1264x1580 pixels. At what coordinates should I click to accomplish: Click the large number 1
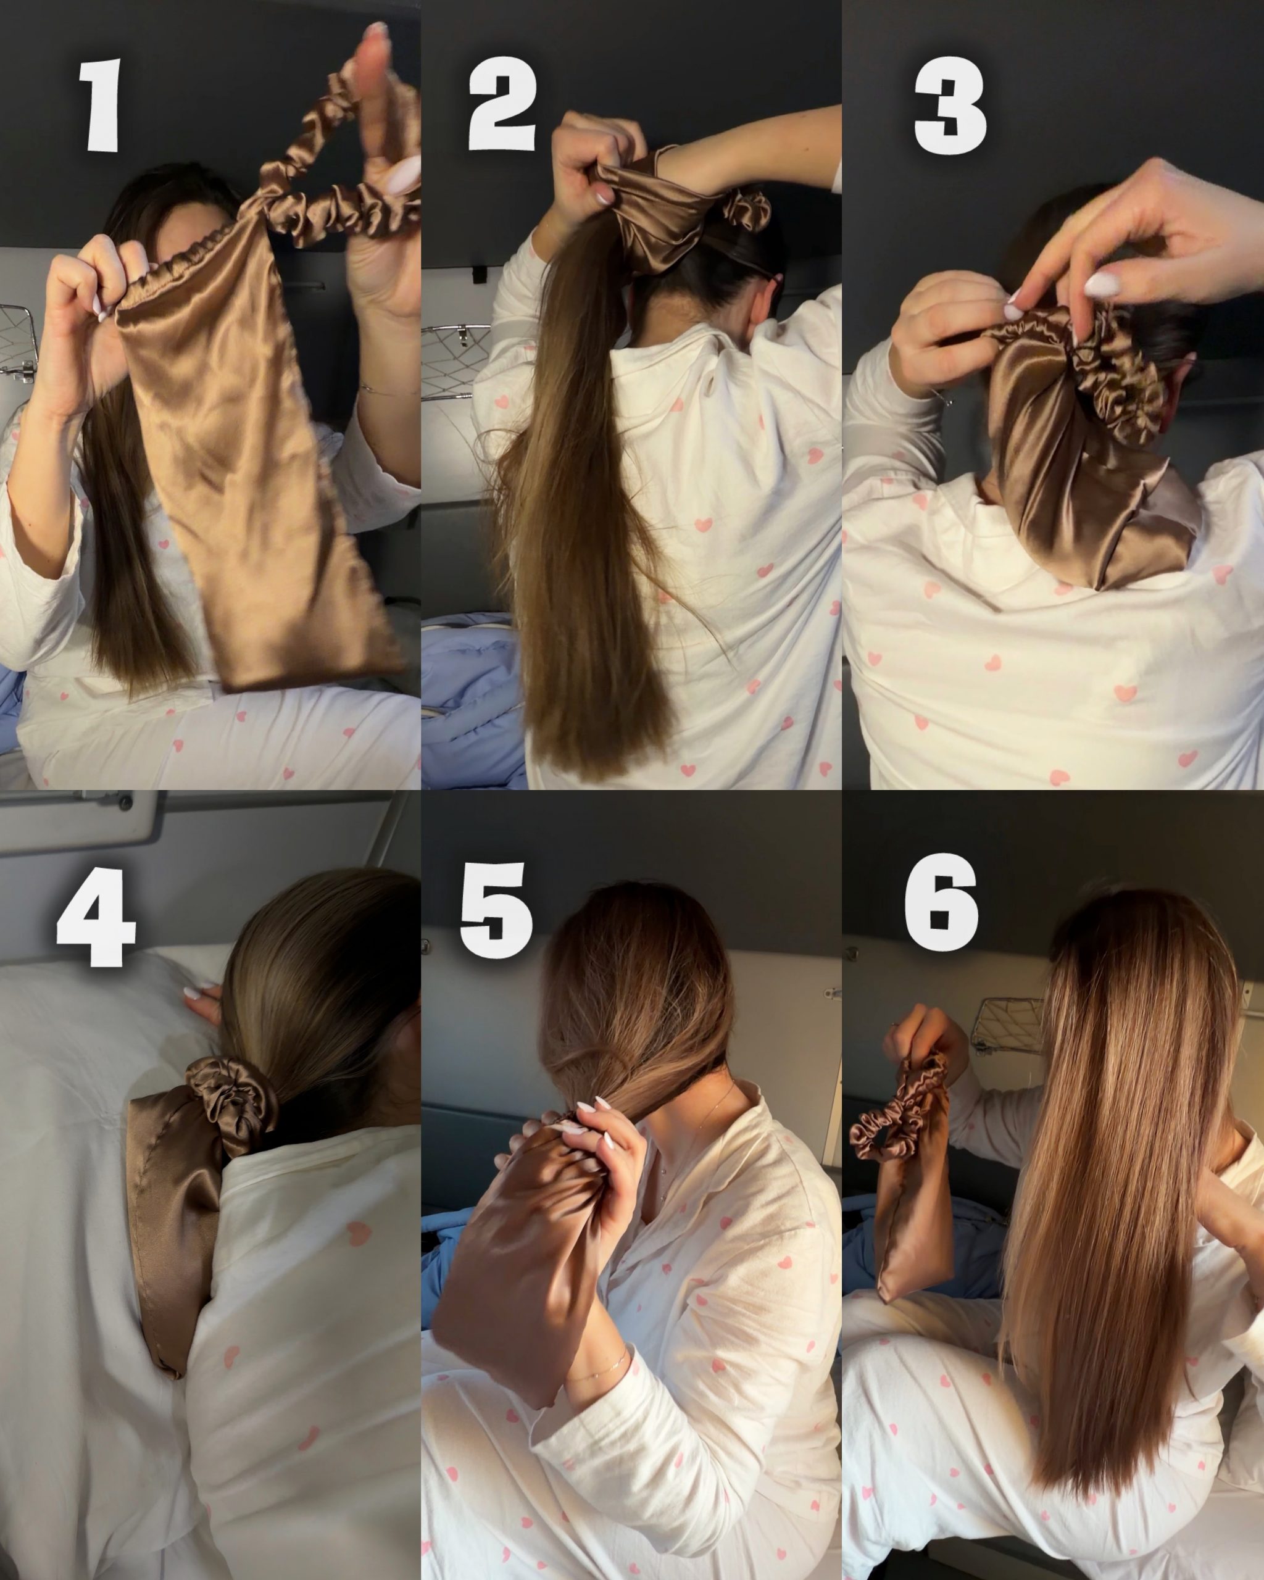click(101, 106)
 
